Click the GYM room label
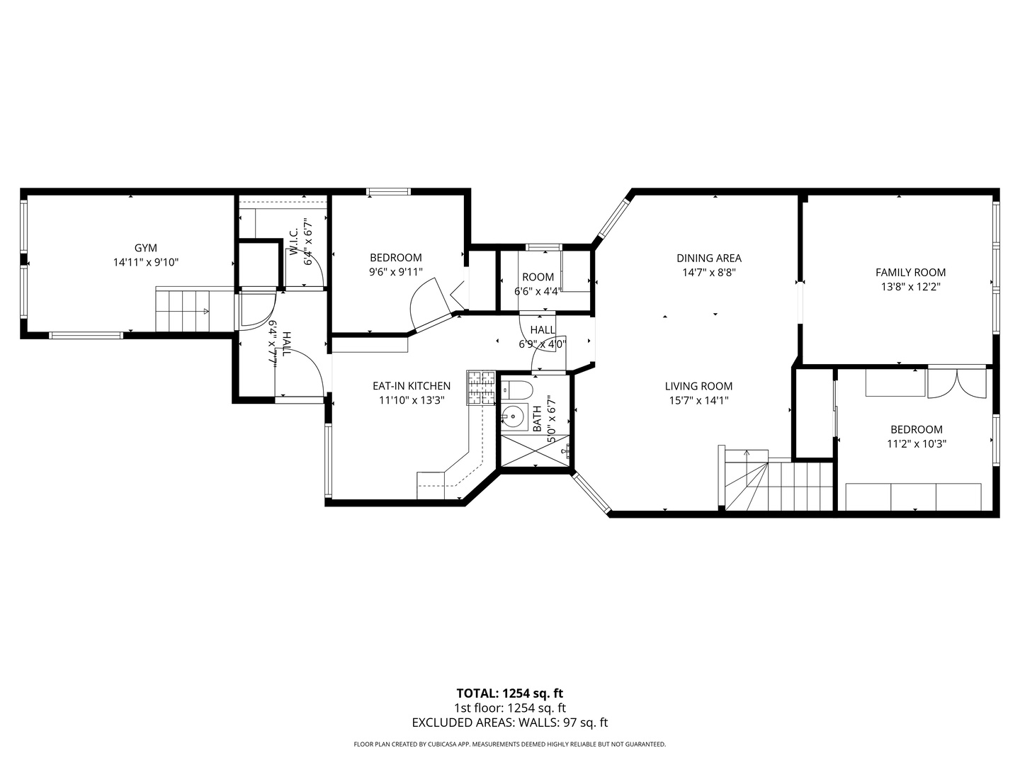click(x=145, y=248)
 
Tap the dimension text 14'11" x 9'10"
click(x=145, y=262)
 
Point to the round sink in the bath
click(x=511, y=415)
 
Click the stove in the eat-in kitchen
click(x=481, y=388)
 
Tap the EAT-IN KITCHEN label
click(x=411, y=386)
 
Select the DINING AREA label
click(x=708, y=258)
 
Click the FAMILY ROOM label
click(x=910, y=272)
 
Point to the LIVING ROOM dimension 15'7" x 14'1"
click(x=698, y=400)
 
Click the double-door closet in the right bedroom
click(x=956, y=383)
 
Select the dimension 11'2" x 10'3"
click(x=916, y=444)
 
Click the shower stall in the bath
click(x=535, y=450)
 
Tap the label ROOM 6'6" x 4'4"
click(x=538, y=283)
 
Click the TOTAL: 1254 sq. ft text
click(x=509, y=693)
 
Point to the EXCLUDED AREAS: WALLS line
click(x=509, y=722)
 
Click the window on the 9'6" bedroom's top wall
click(x=388, y=191)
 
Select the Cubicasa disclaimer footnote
click(x=509, y=744)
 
